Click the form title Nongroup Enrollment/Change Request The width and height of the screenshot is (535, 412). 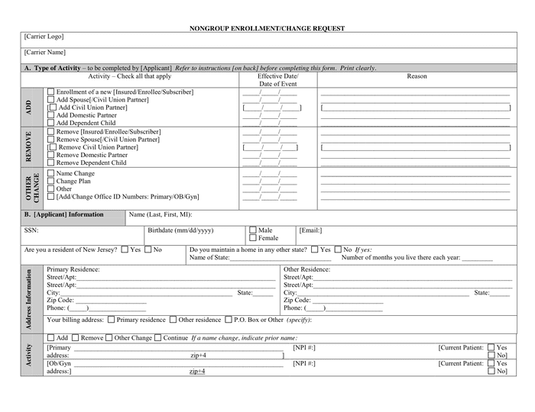point(267,28)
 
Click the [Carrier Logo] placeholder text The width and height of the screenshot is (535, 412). point(44,37)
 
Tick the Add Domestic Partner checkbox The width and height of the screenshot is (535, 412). point(51,115)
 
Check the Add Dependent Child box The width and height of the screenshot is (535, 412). point(51,123)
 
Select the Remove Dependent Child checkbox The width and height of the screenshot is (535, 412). point(51,163)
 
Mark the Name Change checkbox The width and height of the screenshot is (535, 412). point(51,174)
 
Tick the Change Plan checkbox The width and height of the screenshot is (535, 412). point(51,182)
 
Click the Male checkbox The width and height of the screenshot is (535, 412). point(253,230)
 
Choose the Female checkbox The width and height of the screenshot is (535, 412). point(253,238)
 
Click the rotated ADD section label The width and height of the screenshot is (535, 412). point(29,108)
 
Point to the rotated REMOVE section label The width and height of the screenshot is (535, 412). point(29,146)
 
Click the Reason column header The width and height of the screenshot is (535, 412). point(417,76)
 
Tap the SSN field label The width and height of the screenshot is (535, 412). point(31,230)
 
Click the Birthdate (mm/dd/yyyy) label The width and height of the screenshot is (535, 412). point(180,230)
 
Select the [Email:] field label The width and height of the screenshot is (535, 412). point(310,230)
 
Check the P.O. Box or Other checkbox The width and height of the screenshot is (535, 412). point(228,320)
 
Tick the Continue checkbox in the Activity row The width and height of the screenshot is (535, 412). point(157,338)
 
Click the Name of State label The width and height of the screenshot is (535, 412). point(209,258)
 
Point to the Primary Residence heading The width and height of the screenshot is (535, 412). point(73,269)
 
